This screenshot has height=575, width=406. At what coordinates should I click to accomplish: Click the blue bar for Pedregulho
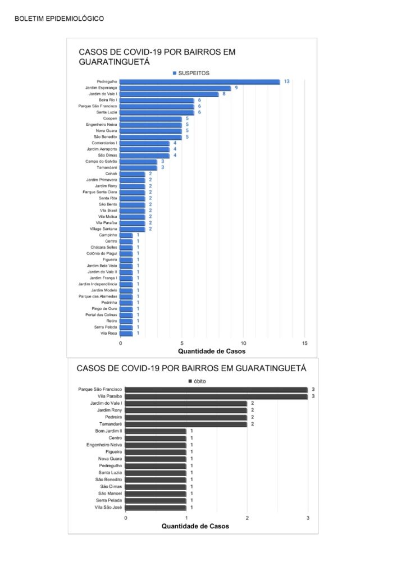(x=200, y=82)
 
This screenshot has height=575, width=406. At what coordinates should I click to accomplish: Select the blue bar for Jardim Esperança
(x=175, y=88)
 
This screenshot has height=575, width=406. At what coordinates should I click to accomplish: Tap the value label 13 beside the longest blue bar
(x=287, y=81)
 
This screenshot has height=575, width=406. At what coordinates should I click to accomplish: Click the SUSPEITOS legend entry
(x=191, y=74)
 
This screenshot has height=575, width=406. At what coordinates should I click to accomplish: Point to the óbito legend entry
(x=197, y=381)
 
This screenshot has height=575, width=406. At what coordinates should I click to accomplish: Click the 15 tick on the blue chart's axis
(x=305, y=343)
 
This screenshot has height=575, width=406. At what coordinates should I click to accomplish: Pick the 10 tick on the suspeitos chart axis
(x=243, y=343)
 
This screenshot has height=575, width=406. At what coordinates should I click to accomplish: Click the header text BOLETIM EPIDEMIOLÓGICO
(x=60, y=19)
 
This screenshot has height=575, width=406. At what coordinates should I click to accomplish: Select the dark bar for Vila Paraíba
(x=216, y=397)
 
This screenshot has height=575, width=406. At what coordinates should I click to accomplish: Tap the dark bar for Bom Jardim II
(x=156, y=431)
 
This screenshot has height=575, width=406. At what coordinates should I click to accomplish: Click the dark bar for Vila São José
(x=156, y=508)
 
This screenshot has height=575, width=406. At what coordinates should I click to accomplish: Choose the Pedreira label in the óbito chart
(x=113, y=417)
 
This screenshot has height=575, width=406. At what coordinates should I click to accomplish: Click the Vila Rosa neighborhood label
(x=108, y=334)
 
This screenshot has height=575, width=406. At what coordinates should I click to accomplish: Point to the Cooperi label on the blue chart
(x=110, y=118)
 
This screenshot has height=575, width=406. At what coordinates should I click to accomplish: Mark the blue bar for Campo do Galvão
(x=139, y=162)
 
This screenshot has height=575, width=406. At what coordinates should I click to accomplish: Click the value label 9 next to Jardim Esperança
(x=236, y=88)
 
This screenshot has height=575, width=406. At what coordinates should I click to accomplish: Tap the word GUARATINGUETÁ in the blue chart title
(x=115, y=62)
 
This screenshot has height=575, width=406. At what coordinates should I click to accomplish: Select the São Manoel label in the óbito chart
(x=110, y=494)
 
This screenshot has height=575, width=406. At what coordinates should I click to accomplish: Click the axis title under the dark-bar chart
(x=195, y=526)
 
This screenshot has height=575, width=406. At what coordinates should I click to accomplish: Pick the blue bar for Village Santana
(x=133, y=229)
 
